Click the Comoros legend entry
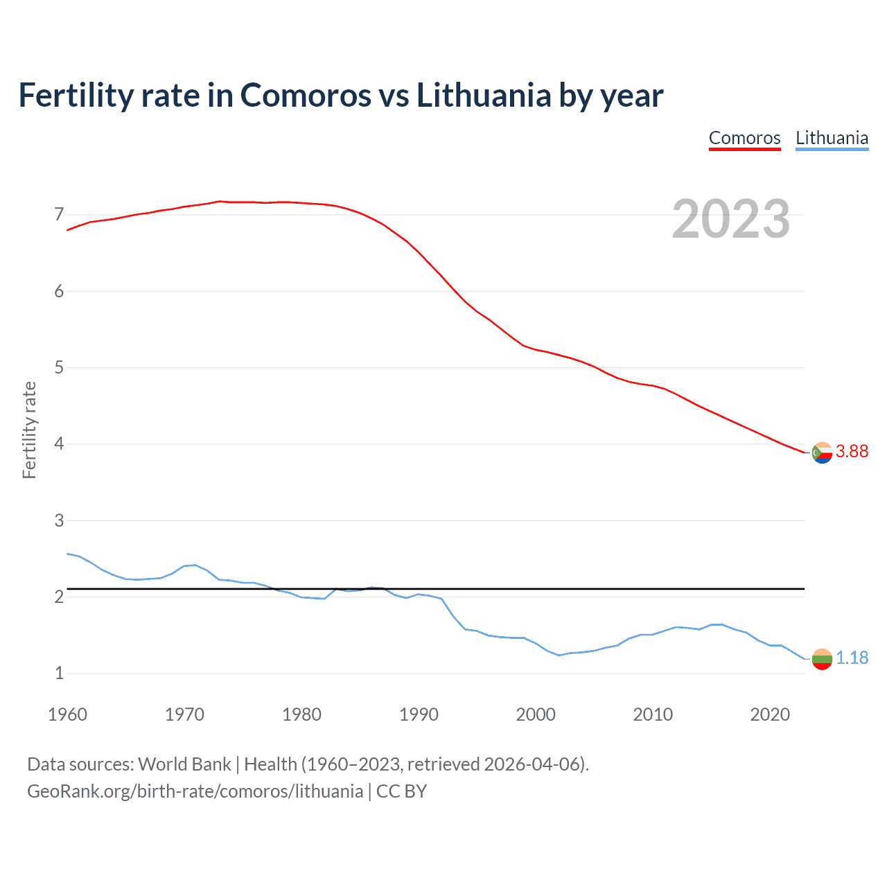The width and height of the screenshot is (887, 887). [744, 138]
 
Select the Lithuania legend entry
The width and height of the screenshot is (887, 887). [832, 138]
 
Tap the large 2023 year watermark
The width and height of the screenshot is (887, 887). [730, 219]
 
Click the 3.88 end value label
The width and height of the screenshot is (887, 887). [852, 451]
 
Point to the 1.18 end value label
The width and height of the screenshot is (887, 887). [852, 658]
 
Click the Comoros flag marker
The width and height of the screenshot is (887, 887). [822, 453]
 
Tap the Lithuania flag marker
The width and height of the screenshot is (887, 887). [822, 659]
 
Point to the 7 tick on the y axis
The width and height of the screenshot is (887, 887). [59, 214]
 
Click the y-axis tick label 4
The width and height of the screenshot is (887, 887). [59, 443]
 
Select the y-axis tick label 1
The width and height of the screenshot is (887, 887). [59, 673]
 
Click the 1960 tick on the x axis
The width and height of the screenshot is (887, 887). [67, 714]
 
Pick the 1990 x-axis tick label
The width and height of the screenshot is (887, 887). [419, 714]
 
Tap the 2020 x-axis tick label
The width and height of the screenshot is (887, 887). [770, 714]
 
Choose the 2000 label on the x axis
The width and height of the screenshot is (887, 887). [536, 714]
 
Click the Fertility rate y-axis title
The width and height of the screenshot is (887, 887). [29, 430]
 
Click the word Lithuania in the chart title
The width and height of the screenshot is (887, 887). [483, 95]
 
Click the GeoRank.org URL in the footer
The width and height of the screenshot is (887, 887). [195, 791]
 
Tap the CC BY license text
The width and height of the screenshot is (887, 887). [402, 791]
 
